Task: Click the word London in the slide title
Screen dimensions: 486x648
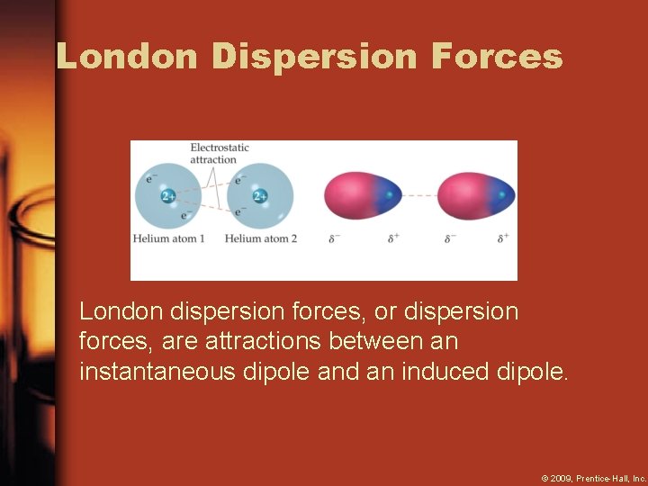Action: (x=126, y=56)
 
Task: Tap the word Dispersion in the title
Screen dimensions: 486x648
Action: (x=315, y=56)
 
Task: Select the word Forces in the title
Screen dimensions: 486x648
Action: (x=497, y=56)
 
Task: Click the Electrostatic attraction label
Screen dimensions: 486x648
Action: (x=220, y=153)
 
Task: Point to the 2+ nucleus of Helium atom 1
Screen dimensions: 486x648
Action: (x=168, y=196)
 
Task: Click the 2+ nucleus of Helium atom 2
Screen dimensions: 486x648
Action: (x=260, y=196)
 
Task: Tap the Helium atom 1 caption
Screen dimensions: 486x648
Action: (x=169, y=238)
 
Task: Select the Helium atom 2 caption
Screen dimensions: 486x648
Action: (x=261, y=238)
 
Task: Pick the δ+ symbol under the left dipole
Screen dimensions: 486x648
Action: (x=394, y=238)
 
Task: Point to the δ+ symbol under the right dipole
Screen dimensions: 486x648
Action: (x=503, y=238)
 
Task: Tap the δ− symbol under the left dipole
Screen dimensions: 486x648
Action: (x=335, y=238)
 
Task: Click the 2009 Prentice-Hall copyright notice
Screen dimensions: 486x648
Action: (x=594, y=478)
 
